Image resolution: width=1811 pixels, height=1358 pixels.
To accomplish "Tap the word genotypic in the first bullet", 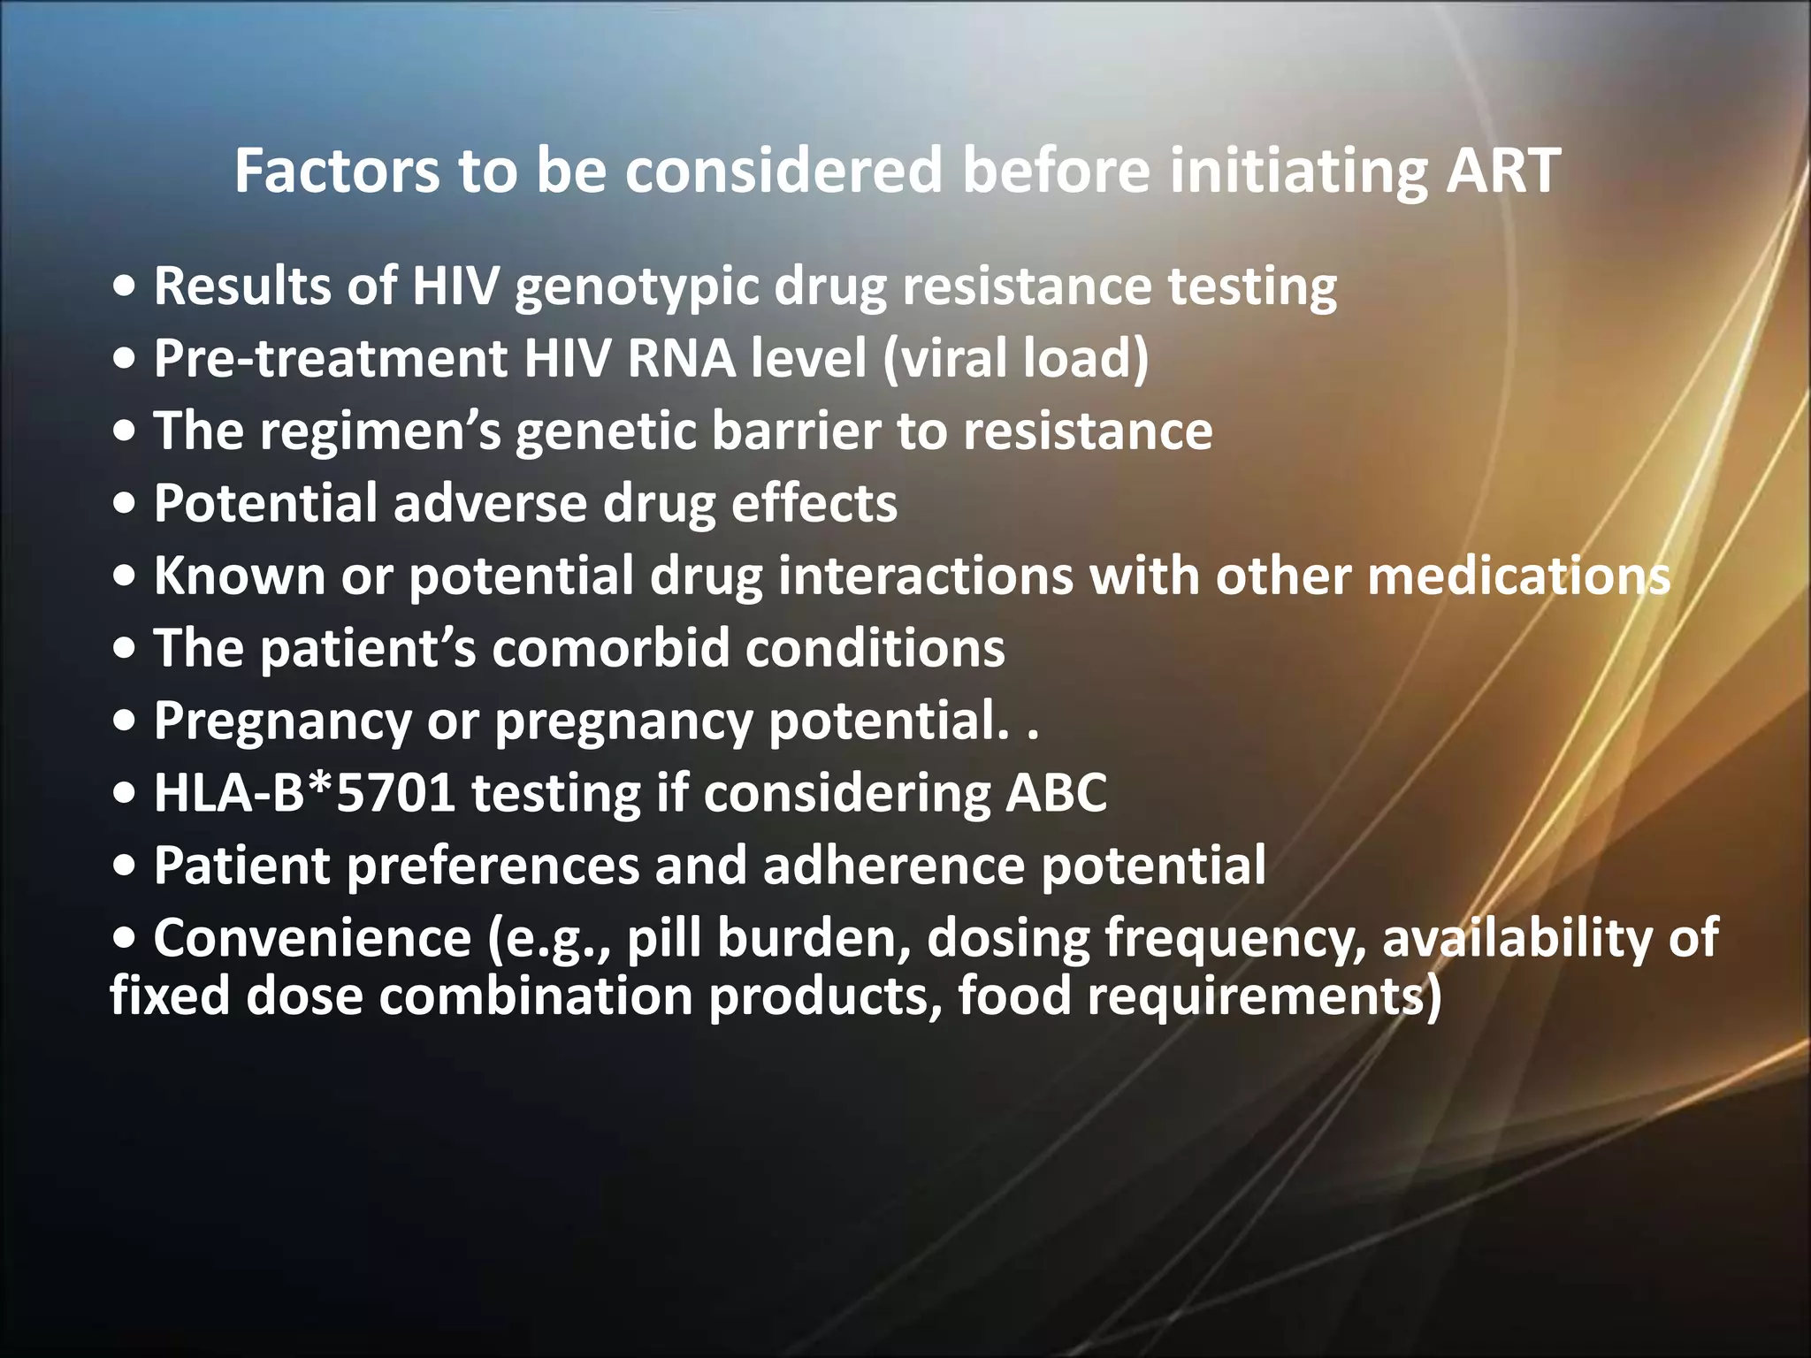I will coord(636,288).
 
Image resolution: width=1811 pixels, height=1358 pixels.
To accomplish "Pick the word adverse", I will coord(490,504).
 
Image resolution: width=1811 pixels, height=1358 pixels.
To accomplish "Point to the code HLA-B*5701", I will coord(304,793).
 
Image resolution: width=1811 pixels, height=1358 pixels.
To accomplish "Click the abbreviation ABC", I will coord(1056,793).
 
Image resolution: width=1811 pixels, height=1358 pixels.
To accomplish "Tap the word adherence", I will coord(893,866).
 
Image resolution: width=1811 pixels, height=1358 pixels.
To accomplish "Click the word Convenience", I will coord(312,938).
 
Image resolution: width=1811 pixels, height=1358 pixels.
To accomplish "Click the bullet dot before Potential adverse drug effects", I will coord(126,505).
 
